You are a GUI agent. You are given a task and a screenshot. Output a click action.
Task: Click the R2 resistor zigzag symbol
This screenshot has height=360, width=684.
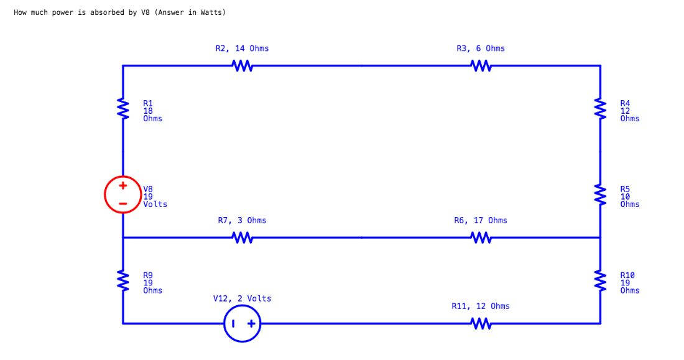pos(242,65)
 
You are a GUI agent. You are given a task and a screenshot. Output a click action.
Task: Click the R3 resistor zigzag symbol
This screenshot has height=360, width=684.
pos(481,65)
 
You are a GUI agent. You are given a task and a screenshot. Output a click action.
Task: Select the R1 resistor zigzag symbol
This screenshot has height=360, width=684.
pos(123,109)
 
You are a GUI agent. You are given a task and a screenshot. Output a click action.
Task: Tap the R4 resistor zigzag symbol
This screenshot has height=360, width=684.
pos(600,109)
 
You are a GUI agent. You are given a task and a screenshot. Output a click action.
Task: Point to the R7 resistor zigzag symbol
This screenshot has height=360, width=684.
pos(242,238)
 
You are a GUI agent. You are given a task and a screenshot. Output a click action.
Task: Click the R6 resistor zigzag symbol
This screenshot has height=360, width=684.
pos(481,238)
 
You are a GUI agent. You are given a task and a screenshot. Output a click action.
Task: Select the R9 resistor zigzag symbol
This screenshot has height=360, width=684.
pos(123,281)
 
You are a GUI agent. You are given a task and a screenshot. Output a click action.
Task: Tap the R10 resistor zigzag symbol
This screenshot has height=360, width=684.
pos(600,281)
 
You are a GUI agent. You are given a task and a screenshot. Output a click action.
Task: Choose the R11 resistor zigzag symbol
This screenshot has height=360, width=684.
pos(481,323)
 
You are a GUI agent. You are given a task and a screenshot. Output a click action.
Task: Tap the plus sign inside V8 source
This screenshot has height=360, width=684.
pos(123,185)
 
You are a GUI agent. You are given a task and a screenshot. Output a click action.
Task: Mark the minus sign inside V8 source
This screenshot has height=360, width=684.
pos(123,204)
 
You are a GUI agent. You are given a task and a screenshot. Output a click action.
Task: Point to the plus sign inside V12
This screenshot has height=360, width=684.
pos(251,323)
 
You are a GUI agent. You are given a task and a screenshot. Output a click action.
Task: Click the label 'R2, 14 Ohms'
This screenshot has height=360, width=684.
pos(242,48)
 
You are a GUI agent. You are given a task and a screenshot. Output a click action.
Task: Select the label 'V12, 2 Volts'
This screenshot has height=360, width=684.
pos(242,298)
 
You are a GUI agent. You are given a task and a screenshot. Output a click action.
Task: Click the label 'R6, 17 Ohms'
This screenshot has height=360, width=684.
pos(480,220)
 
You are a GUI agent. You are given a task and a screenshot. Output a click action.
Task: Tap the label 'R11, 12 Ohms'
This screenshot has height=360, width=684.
pos(480,306)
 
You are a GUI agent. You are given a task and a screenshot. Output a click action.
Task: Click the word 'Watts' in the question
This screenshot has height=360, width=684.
pos(209,12)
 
